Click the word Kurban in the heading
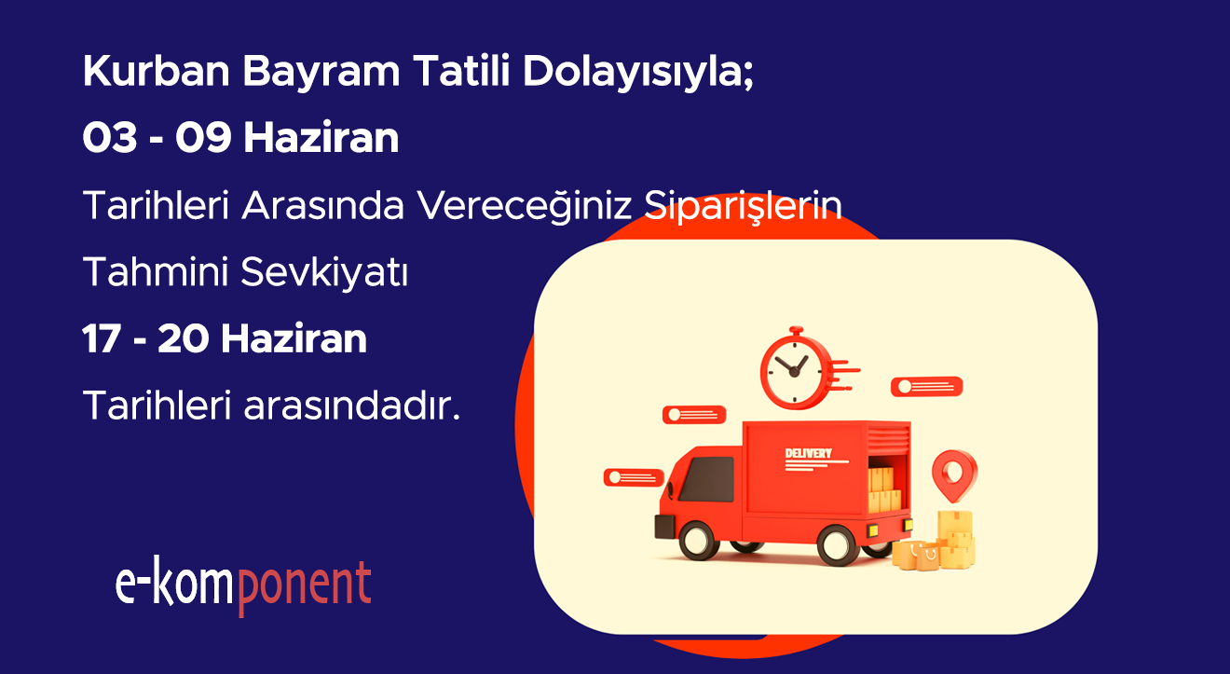156,71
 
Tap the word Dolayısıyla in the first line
638,72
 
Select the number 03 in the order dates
110,137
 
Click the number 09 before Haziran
203,137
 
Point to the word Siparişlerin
743,206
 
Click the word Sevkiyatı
324,272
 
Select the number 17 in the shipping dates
101,338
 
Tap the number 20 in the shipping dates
183,338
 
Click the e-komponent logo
243,585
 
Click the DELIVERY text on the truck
808,454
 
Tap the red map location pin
954,475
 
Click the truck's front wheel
699,541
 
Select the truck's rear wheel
838,545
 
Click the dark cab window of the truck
707,479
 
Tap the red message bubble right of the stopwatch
926,387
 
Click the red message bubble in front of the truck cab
634,477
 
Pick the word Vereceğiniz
525,206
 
